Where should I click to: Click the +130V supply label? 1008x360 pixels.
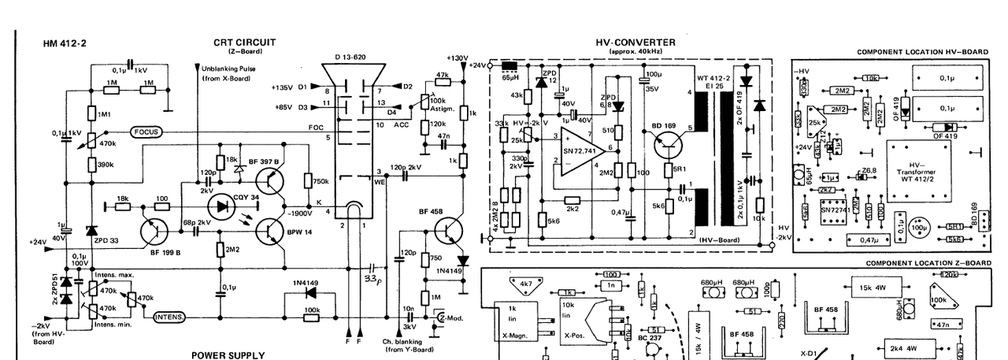[x=457, y=58]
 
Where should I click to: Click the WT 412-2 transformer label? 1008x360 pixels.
[x=714, y=78]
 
